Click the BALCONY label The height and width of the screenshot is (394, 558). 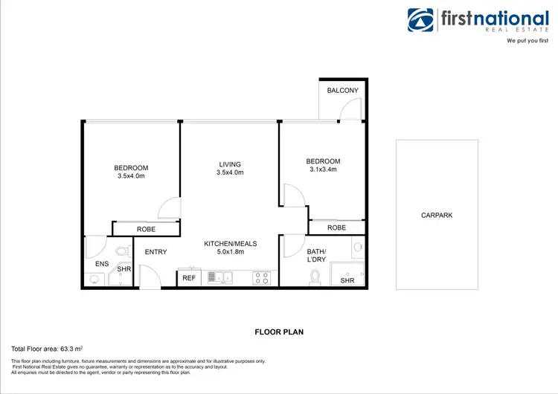click(342, 91)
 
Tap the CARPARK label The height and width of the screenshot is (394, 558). click(437, 215)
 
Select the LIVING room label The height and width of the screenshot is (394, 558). click(230, 164)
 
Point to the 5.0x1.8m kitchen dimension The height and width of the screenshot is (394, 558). click(230, 252)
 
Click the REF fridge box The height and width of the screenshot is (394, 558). click(189, 278)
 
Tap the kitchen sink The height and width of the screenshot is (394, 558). click(220, 278)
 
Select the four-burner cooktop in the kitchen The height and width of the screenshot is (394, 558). click(262, 278)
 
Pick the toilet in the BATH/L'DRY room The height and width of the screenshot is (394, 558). click(315, 277)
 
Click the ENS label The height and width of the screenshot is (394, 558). click(102, 265)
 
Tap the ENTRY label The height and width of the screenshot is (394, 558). click(155, 252)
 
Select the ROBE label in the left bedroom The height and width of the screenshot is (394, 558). click(146, 229)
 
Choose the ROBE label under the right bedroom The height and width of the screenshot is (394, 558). click(336, 227)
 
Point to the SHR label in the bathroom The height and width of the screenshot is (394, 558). click(347, 280)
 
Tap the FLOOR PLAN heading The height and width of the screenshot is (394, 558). click(278, 332)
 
